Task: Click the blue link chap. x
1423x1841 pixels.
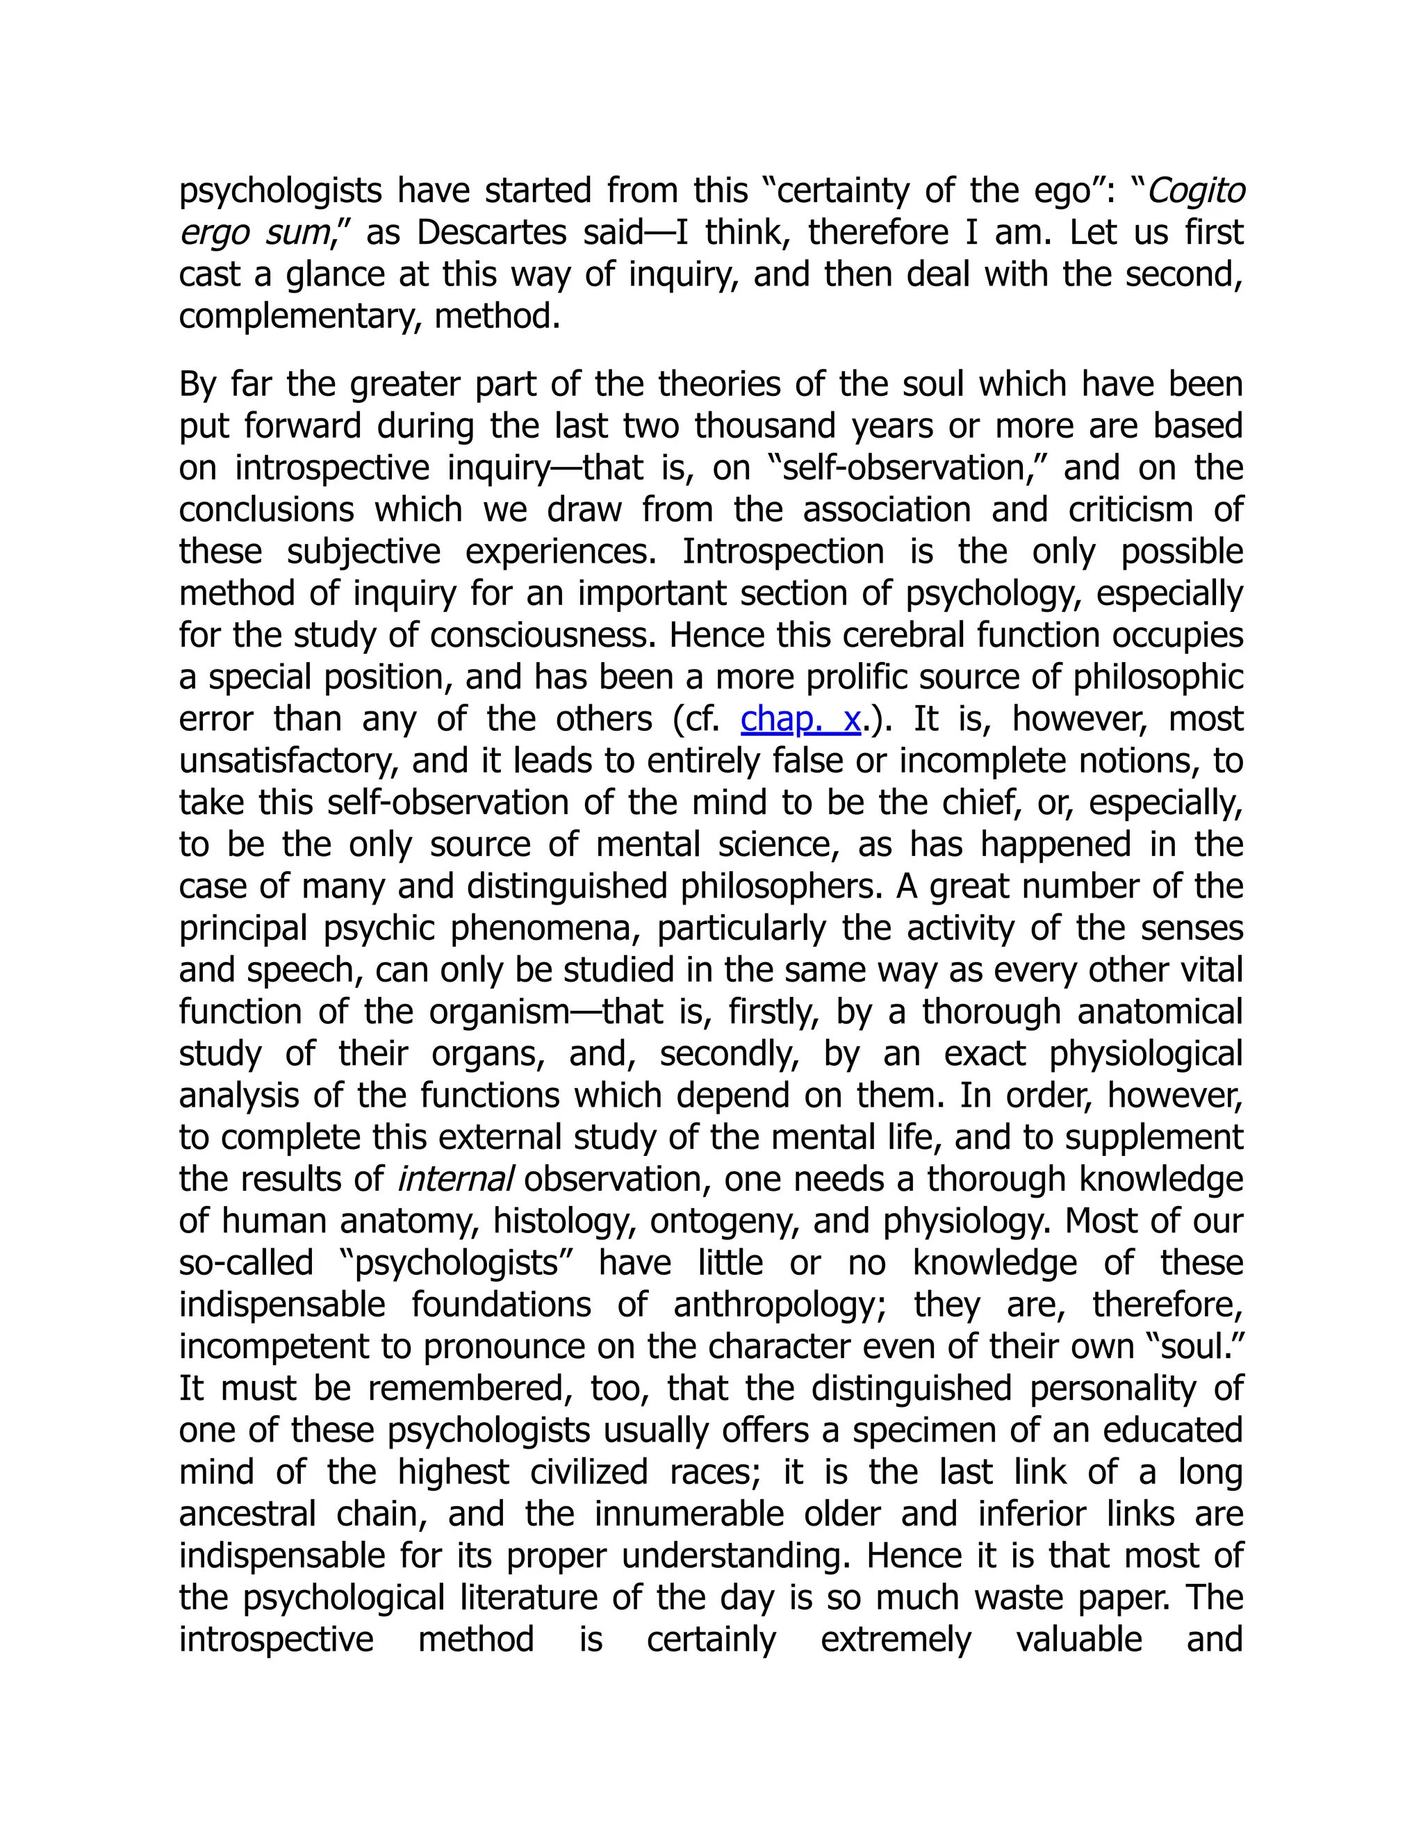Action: (800, 719)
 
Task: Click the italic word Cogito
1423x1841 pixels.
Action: (1196, 191)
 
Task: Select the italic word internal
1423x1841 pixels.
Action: (454, 1180)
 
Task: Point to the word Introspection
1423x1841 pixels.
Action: (782, 552)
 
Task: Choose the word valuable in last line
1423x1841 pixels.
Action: (1078, 1640)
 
